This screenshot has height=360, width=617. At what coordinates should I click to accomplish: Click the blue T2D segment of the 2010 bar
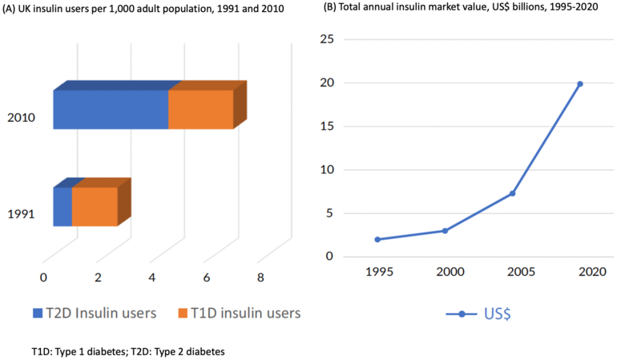[111, 110]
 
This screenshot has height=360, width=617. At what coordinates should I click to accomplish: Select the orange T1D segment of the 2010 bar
[200, 110]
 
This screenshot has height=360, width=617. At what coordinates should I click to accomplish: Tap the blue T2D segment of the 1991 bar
[63, 207]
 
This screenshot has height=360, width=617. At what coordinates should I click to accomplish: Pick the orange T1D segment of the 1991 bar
[95, 207]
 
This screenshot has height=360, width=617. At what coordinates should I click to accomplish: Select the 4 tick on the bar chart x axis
[152, 277]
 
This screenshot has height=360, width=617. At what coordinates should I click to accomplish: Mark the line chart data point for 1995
[377, 239]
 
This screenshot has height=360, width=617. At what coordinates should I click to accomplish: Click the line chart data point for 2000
[445, 231]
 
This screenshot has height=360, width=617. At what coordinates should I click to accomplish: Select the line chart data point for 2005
[512, 193]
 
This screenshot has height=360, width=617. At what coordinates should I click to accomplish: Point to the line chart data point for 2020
[580, 83]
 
